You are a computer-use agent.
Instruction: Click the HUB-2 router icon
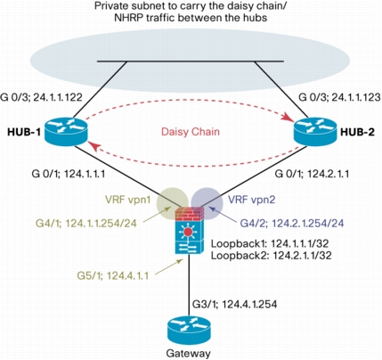coord(315,131)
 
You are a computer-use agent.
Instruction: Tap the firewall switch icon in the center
coord(189,231)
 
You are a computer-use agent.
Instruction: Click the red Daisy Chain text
coord(191,131)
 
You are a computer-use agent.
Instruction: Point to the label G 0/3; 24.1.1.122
coord(41,97)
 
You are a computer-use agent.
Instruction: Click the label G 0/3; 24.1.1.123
coord(339,97)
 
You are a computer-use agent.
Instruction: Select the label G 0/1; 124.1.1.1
coord(68,174)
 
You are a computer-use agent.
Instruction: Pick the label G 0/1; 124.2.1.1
coord(312,174)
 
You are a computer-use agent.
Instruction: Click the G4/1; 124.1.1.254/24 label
coord(86,223)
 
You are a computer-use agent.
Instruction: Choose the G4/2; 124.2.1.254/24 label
coord(292,223)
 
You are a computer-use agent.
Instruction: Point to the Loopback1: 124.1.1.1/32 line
coord(270,243)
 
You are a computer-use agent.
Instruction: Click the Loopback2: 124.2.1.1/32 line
coord(271,255)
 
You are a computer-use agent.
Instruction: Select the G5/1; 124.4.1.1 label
coord(113,276)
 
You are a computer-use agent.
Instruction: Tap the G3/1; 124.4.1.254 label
coord(235,304)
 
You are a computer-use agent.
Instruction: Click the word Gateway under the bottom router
coord(189,354)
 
